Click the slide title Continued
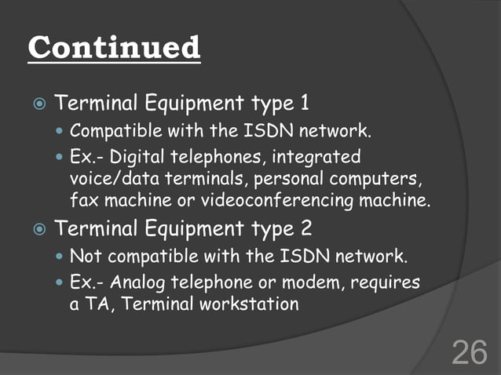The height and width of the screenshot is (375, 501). (x=115, y=47)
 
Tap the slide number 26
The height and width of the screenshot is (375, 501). (x=469, y=352)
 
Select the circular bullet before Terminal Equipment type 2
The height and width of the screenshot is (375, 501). (x=38, y=229)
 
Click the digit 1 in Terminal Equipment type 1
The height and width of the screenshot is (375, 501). (x=305, y=104)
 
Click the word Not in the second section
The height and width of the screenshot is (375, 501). (x=84, y=256)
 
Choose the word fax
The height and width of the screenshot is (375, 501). (x=82, y=201)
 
